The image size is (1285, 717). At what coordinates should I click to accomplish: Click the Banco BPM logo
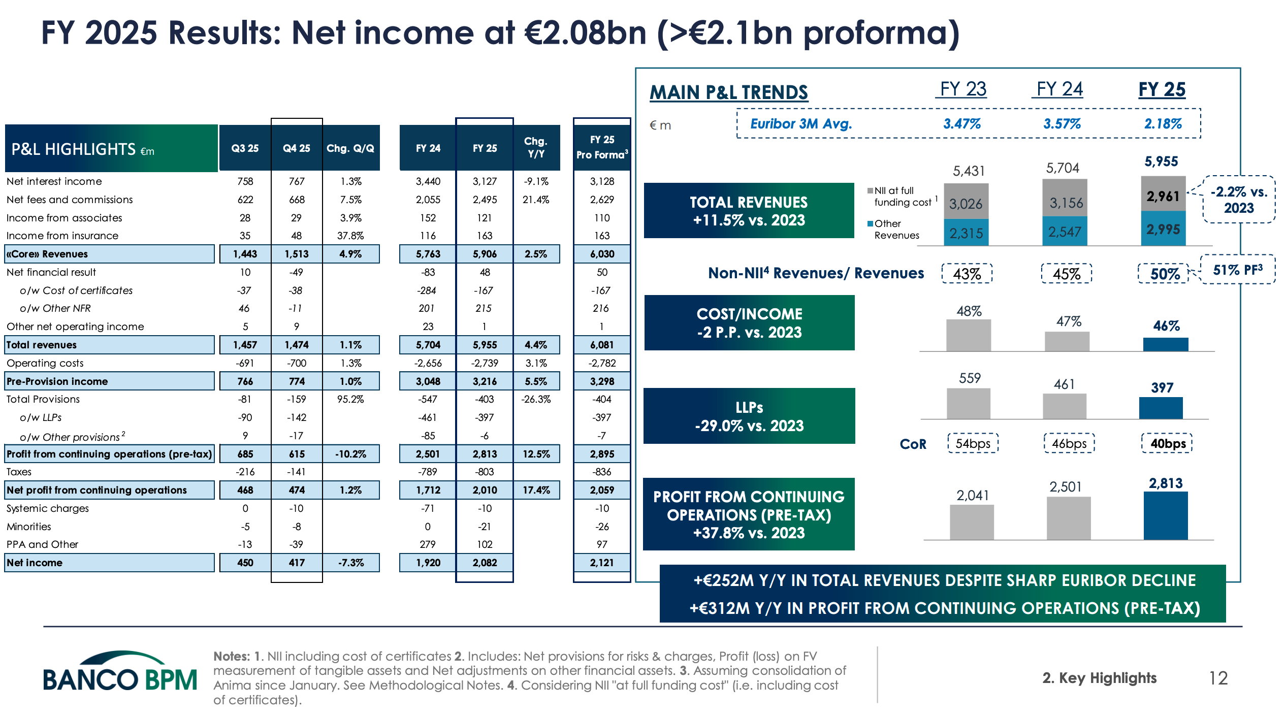120,673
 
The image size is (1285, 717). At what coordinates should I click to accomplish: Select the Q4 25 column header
297,148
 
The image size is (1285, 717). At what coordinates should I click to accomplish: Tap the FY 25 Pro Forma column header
602,147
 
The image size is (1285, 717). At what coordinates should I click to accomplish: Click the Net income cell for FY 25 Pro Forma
602,563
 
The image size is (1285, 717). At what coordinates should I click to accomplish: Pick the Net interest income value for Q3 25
245,181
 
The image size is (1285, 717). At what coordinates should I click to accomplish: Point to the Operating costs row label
45,363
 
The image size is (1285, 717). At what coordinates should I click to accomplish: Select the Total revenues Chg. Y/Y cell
536,345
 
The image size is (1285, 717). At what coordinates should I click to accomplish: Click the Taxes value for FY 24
428,472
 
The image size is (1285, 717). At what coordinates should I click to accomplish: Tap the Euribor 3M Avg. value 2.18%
1163,124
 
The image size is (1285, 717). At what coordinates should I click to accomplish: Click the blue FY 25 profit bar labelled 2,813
1166,515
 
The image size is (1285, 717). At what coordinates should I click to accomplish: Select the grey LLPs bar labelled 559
968,404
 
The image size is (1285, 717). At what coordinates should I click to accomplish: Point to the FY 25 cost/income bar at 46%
1166,344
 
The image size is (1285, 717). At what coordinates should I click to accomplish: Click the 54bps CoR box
973,443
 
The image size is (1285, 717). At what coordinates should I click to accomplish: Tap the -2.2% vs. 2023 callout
1239,200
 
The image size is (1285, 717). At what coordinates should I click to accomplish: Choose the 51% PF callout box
1237,270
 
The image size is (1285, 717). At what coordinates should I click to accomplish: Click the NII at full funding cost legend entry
899,197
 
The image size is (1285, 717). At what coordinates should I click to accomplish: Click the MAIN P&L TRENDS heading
729,92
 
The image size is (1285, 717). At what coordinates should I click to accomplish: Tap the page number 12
1218,678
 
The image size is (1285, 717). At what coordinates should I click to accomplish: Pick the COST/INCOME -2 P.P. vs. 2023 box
749,323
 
